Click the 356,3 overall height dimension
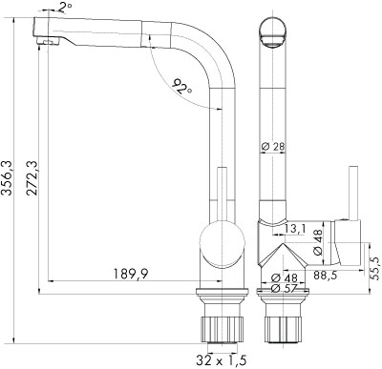7,177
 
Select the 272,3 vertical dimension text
32,178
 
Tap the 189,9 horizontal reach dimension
131,274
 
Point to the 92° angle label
182,87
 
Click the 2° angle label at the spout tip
65,7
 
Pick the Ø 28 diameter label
273,147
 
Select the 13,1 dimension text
295,229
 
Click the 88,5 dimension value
325,275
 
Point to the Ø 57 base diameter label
284,289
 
